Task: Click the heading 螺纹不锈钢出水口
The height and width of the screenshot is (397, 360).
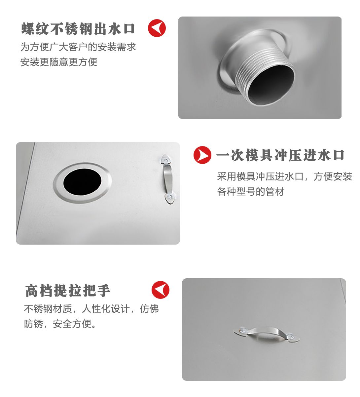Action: [78, 29]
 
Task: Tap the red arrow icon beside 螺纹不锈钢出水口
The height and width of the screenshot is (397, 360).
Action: [157, 28]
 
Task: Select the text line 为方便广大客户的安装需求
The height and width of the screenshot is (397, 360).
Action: [78, 47]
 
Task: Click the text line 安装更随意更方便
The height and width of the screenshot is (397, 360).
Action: [59, 62]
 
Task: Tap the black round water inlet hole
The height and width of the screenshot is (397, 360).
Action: [82, 182]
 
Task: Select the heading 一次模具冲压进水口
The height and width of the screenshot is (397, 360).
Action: [280, 155]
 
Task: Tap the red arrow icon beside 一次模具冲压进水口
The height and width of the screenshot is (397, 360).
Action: [202, 155]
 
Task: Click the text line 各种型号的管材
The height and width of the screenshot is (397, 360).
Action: [251, 191]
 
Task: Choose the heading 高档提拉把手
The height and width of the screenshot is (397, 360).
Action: [67, 291]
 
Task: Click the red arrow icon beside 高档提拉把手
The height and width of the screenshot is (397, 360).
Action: [161, 290]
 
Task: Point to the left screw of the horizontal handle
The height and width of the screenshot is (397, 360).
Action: [242, 331]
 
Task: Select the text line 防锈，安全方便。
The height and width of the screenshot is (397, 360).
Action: [60, 324]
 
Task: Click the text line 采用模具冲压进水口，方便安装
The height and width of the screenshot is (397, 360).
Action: [285, 176]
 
